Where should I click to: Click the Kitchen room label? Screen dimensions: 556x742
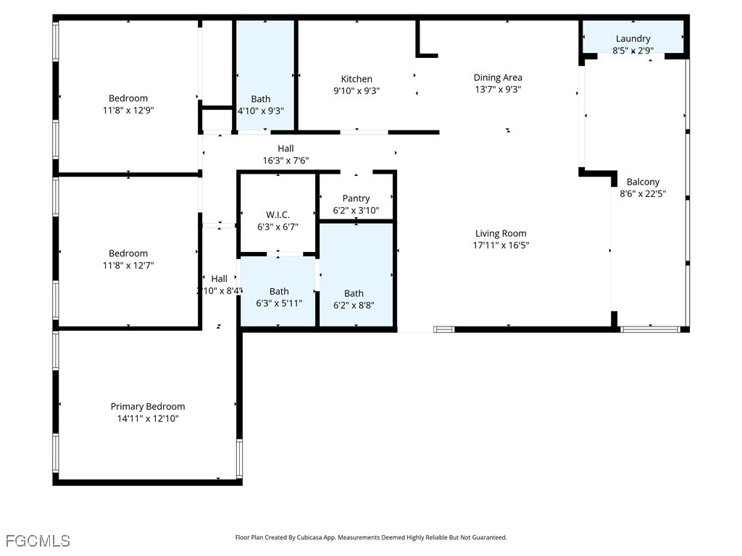(357, 79)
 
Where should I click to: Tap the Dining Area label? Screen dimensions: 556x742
(498, 77)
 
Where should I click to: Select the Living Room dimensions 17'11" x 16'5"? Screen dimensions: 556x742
(501, 245)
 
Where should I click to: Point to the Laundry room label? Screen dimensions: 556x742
(633, 38)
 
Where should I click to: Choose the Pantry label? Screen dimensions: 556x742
(356, 198)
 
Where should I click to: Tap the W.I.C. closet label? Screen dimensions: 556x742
(278, 214)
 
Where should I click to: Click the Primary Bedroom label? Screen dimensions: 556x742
(148, 406)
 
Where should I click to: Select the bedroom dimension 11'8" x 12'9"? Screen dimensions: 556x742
(128, 111)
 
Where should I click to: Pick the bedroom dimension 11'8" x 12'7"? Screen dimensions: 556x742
(128, 266)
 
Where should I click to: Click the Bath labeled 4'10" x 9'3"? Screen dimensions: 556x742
(261, 99)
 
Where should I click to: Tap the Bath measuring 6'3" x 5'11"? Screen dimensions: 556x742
(279, 292)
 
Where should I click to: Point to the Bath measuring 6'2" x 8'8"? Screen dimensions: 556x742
(354, 293)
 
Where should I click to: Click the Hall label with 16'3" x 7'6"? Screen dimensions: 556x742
(285, 148)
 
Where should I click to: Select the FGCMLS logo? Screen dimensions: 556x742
(38, 541)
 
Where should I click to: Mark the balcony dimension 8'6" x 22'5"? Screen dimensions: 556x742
(643, 194)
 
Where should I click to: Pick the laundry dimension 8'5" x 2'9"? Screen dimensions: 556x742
(633, 51)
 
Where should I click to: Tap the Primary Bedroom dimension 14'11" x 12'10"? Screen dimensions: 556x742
(148, 418)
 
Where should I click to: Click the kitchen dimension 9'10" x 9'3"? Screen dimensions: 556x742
(357, 91)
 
